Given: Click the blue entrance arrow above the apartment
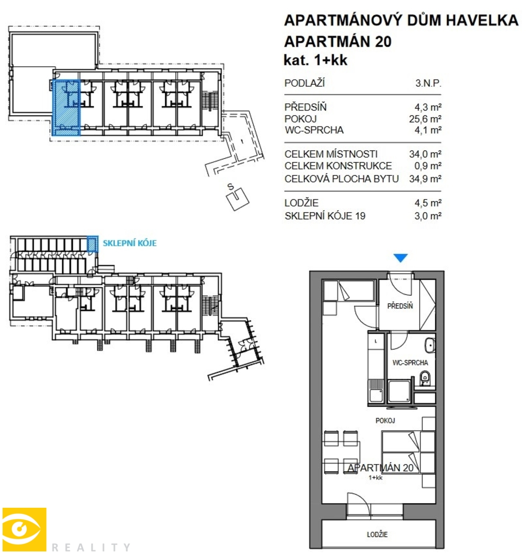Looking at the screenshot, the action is click(x=400, y=257).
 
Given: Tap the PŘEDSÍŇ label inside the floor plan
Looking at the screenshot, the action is click(x=400, y=306).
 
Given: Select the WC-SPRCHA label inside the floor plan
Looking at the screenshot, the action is click(x=410, y=362).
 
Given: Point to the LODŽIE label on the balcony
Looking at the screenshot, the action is click(x=377, y=534).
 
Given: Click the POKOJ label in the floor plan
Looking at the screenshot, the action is click(x=385, y=420).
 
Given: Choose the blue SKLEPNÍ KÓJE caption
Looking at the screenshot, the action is click(x=130, y=243).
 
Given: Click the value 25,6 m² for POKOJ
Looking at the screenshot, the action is click(x=425, y=119).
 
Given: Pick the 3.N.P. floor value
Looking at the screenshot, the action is click(x=428, y=83).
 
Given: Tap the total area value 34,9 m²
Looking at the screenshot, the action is click(x=425, y=178).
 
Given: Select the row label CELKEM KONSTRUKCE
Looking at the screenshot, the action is click(x=338, y=165).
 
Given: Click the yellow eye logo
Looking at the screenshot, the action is click(x=24, y=529).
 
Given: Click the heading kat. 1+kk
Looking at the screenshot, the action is click(x=315, y=60).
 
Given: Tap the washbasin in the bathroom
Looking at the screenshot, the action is click(x=429, y=345).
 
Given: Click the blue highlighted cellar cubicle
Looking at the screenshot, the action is click(x=92, y=244).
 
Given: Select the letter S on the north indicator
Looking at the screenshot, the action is click(x=231, y=186).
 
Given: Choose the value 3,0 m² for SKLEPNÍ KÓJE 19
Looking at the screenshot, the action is click(x=428, y=215).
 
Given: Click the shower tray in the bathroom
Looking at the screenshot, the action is click(x=399, y=392).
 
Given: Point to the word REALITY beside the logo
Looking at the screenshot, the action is click(x=91, y=547).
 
